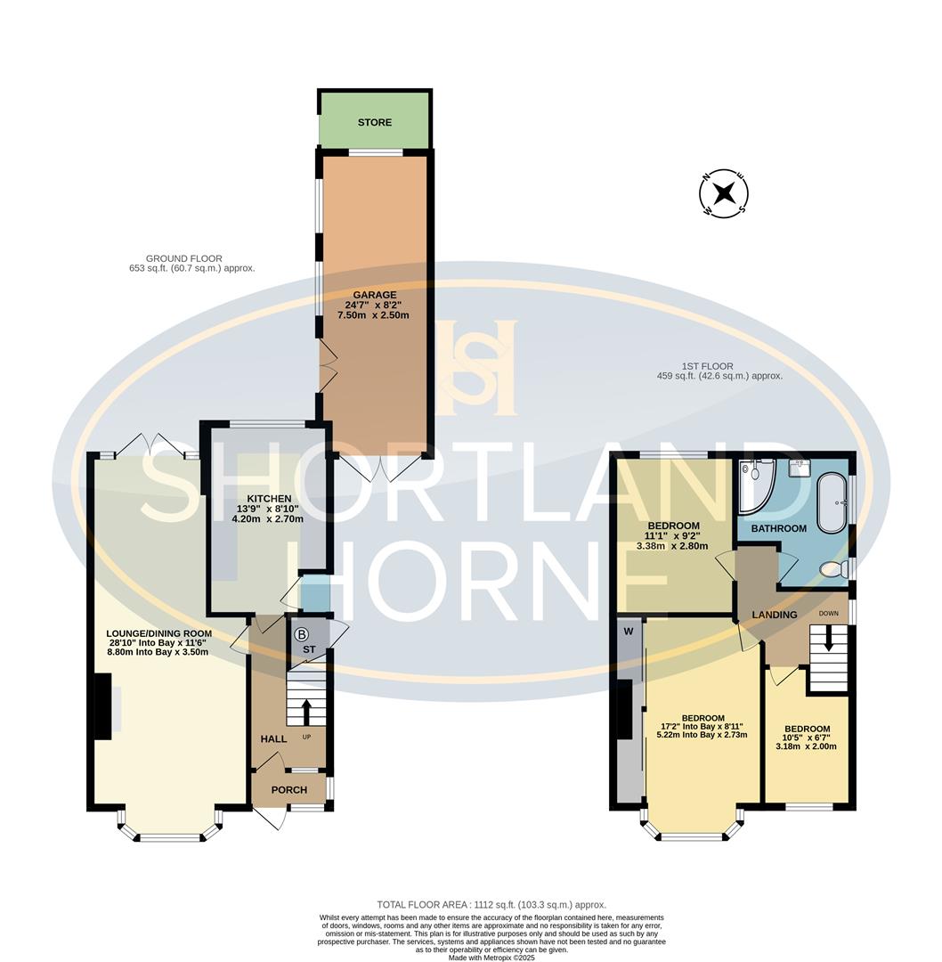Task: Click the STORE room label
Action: [375, 122]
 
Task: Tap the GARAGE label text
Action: [375, 295]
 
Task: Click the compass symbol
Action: [724, 192]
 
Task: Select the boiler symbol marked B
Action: [301, 635]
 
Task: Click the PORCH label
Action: [288, 790]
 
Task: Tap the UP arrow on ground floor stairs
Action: [306, 712]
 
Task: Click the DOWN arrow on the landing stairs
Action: [828, 640]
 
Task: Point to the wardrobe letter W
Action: [629, 632]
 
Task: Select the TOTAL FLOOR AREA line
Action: [491, 904]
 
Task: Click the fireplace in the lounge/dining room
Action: [103, 706]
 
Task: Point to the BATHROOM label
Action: [778, 528]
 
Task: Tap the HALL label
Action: [273, 739]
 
